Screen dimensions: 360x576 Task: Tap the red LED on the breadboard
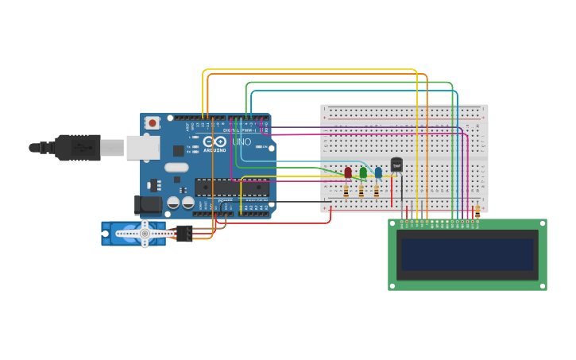pyautogui.click(x=348, y=172)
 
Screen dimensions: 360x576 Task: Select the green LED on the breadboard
pyautogui.click(x=363, y=172)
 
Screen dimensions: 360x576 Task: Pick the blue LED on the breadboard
pyautogui.click(x=378, y=172)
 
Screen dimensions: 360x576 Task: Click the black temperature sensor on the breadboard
pyautogui.click(x=396, y=165)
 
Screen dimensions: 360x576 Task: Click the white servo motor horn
pyautogui.click(x=144, y=234)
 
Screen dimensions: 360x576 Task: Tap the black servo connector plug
pyautogui.click(x=184, y=233)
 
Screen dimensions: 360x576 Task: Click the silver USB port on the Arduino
pyautogui.click(x=143, y=148)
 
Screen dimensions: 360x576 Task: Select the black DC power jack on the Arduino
pyautogui.click(x=149, y=204)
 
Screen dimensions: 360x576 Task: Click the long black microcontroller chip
pyautogui.click(x=232, y=188)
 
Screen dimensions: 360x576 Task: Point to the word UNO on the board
pyautogui.click(x=242, y=142)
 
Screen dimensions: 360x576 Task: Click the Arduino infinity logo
pyautogui.click(x=215, y=141)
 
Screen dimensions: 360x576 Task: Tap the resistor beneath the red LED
pyautogui.click(x=346, y=191)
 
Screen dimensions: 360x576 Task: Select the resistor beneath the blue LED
pyautogui.click(x=377, y=191)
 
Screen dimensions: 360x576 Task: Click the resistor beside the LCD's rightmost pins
pyautogui.click(x=477, y=211)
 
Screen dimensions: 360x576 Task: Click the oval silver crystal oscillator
pyautogui.click(x=177, y=168)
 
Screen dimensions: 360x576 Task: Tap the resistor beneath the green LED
pyautogui.click(x=361, y=191)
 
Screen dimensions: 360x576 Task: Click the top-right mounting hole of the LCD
pyautogui.click(x=543, y=223)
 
